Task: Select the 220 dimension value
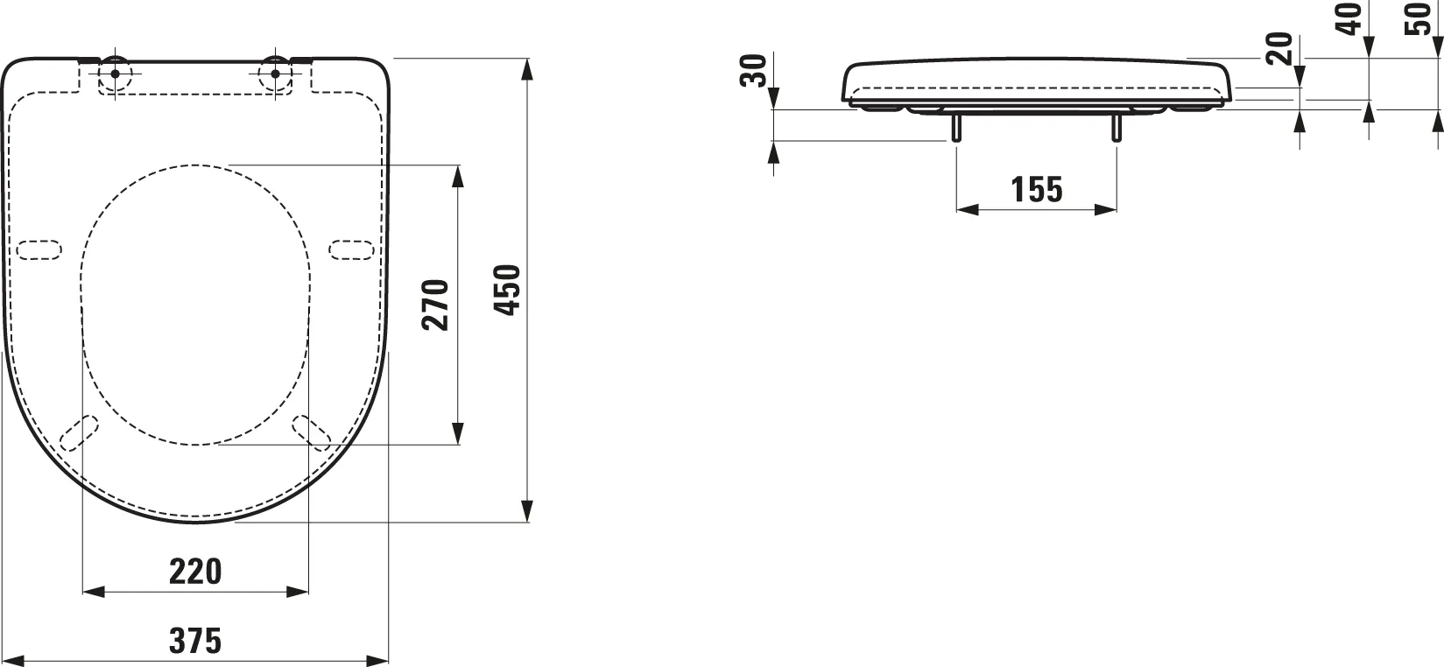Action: pos(194,572)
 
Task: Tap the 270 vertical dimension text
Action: pos(435,304)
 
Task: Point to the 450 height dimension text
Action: pos(509,289)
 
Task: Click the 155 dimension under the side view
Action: pos(1036,188)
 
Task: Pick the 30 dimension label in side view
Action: pos(754,70)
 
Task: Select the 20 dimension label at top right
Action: pos(1279,48)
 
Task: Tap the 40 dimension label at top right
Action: pos(1352,18)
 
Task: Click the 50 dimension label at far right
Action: pos(1417,18)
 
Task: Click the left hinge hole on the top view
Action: pos(115,73)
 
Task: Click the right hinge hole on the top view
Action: pos(275,73)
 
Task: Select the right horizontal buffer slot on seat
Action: pos(352,249)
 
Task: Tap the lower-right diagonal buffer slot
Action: pos(311,431)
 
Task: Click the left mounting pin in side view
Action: pos(955,127)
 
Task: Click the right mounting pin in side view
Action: pos(1116,127)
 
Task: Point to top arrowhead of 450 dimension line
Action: pos(527,69)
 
